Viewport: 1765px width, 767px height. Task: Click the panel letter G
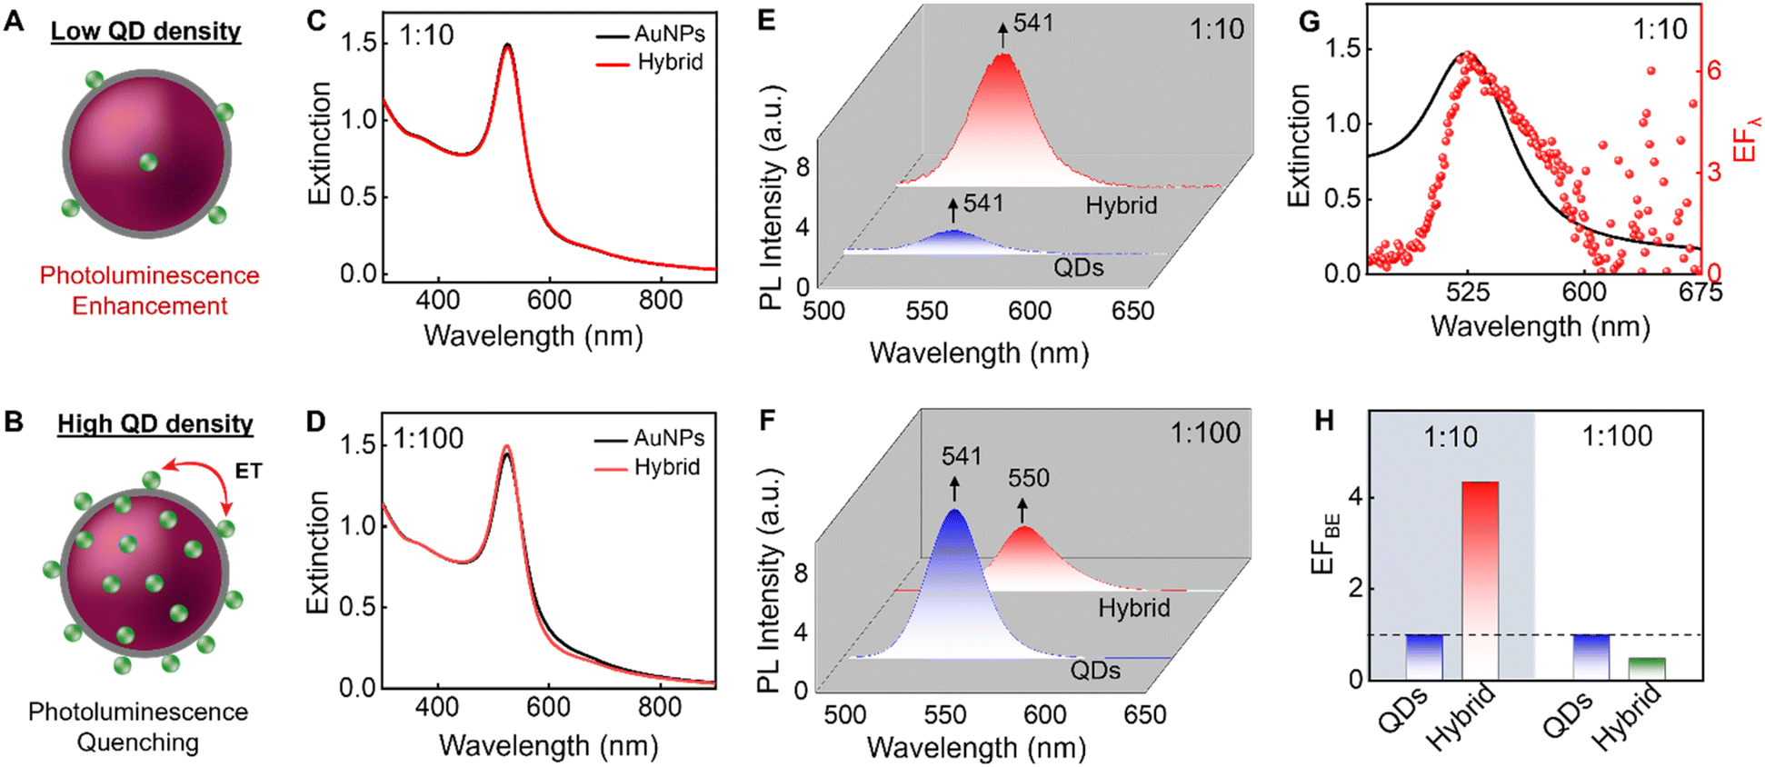click(1310, 20)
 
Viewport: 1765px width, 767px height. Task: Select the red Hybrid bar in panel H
click(1480, 580)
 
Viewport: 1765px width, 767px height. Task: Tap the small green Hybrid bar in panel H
click(1647, 668)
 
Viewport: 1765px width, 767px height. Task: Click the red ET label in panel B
click(248, 471)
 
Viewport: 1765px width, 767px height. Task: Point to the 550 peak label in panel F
click(1028, 478)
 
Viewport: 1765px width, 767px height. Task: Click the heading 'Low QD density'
click(145, 31)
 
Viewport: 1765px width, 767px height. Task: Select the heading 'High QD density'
click(155, 423)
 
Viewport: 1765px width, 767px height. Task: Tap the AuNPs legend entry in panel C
click(650, 35)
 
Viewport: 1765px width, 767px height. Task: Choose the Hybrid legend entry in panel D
click(647, 467)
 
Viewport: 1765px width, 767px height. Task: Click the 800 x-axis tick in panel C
click(661, 300)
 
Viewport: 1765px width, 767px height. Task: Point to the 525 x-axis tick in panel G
click(1468, 292)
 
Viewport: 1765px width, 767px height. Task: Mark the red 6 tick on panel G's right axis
click(1714, 71)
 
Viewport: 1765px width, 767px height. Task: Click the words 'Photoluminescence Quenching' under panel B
click(138, 727)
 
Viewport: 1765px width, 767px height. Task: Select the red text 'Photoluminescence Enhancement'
click(150, 291)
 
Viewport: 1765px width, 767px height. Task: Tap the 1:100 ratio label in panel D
click(428, 438)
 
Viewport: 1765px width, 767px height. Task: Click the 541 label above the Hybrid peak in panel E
click(1033, 23)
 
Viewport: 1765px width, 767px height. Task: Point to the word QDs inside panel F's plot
click(1095, 671)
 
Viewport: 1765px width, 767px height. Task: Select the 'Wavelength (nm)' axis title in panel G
click(1541, 326)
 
